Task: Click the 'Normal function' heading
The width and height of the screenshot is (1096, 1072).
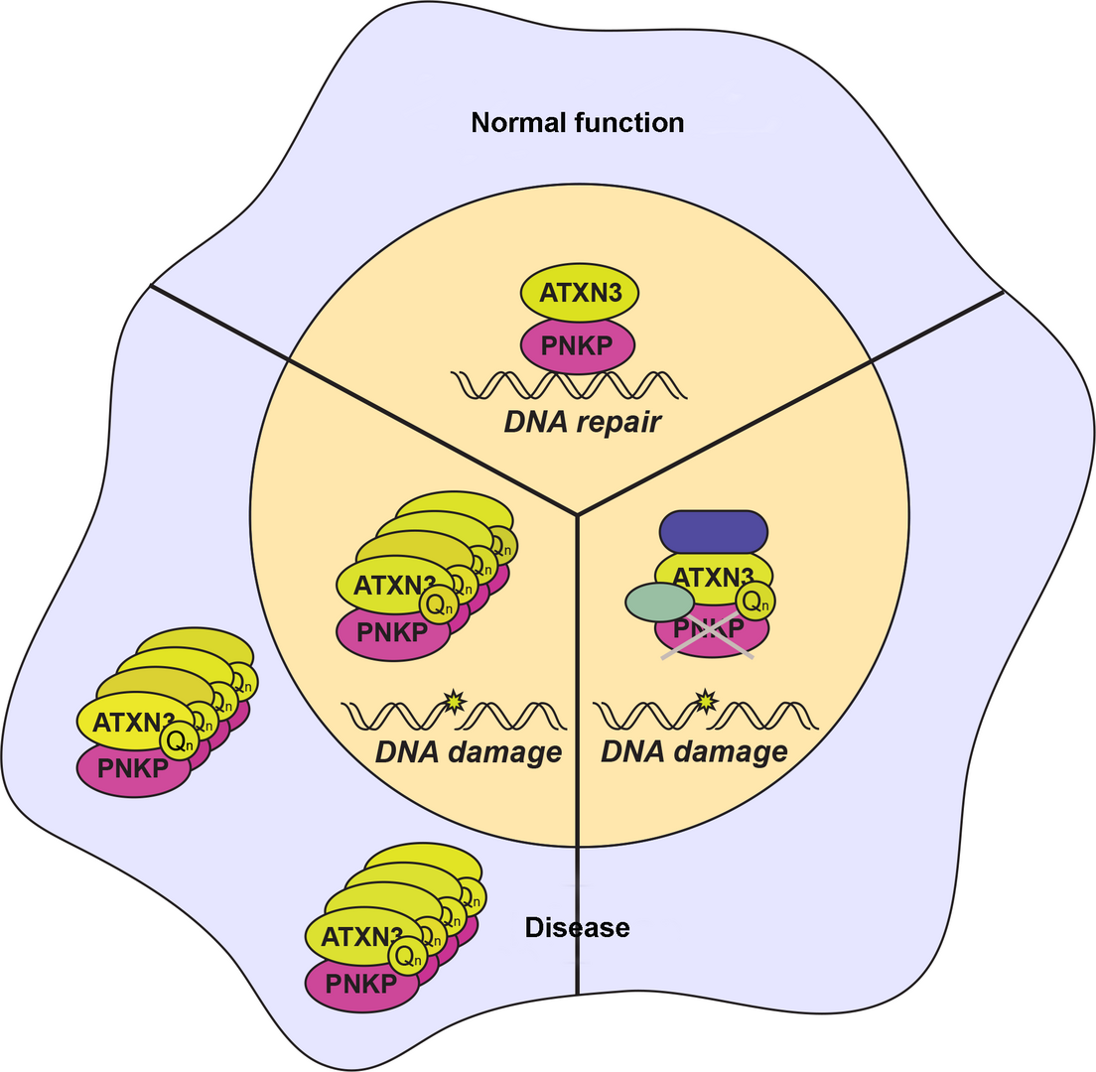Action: (577, 123)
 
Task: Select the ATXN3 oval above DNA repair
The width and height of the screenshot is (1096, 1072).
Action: (580, 295)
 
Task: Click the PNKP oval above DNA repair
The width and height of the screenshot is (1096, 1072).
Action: (579, 345)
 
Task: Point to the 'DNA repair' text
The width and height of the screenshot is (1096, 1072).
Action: (583, 422)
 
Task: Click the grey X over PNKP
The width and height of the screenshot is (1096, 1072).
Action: (709, 635)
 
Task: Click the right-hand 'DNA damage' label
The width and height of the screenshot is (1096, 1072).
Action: (695, 750)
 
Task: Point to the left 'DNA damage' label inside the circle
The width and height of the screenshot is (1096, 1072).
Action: (468, 751)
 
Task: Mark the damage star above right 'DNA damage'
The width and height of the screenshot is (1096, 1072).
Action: (706, 702)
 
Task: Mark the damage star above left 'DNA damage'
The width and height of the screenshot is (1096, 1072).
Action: (455, 700)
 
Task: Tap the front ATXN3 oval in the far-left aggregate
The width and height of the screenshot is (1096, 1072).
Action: (124, 722)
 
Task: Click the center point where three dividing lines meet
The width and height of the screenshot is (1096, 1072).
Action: (577, 514)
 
